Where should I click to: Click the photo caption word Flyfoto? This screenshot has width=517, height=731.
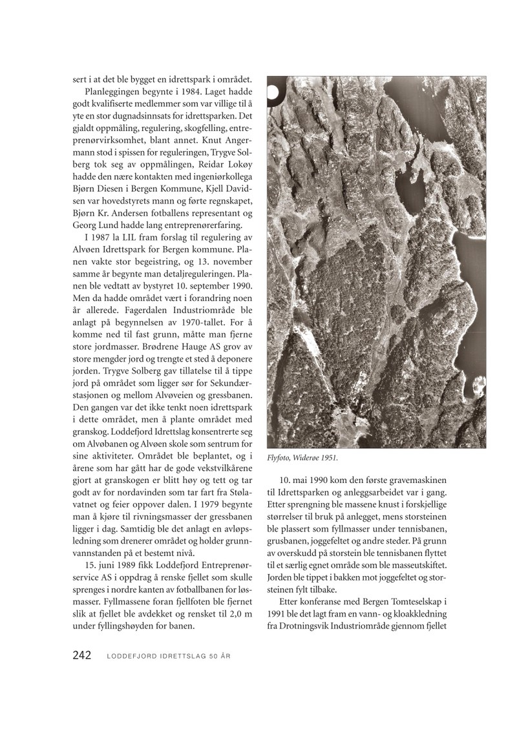280,458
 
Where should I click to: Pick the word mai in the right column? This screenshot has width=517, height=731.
304,482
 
